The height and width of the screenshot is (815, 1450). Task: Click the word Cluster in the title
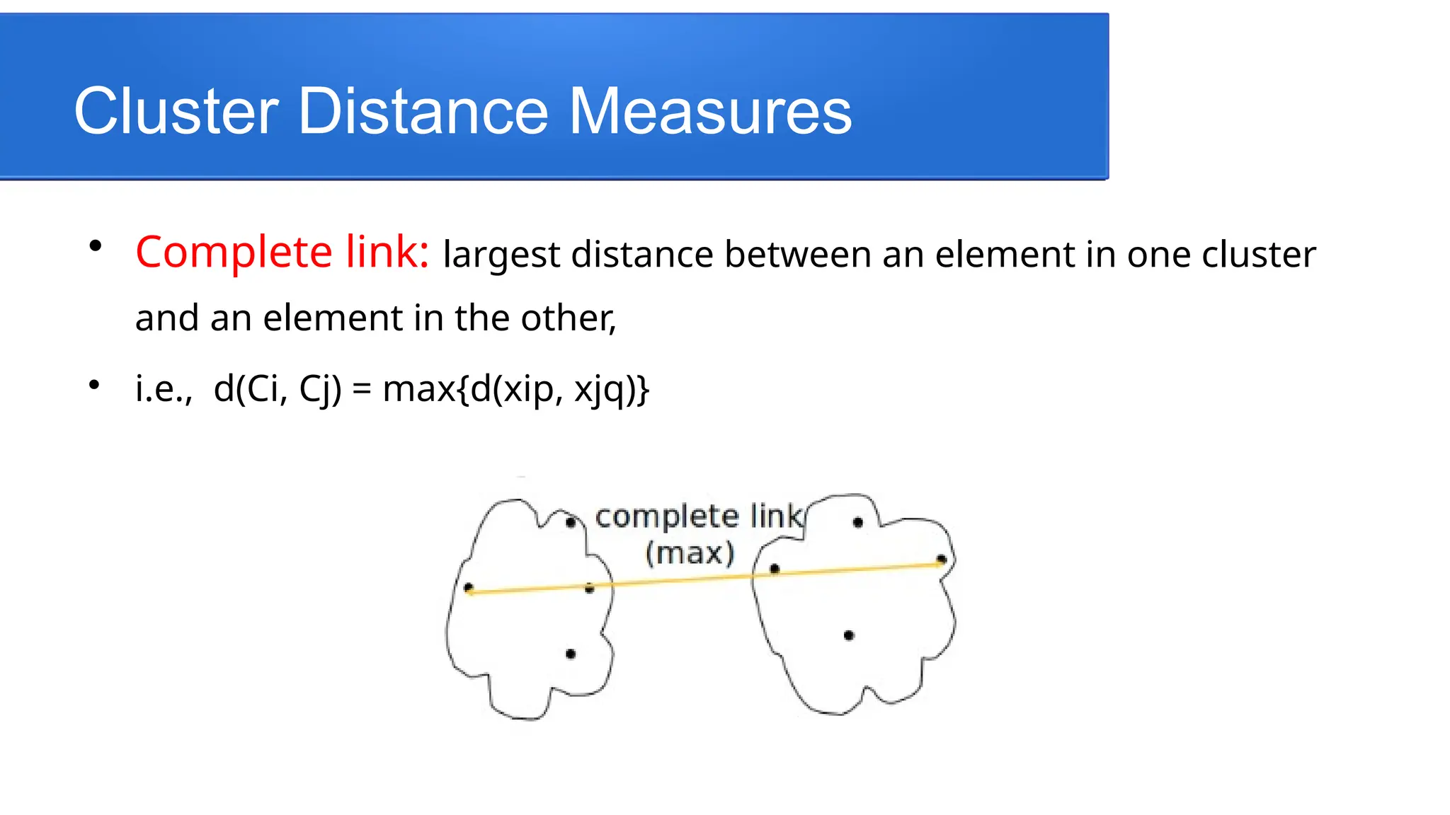(176, 111)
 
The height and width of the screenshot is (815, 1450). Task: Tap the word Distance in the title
(423, 111)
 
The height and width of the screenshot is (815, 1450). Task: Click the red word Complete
(234, 252)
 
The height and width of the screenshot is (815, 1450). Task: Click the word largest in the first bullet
(501, 255)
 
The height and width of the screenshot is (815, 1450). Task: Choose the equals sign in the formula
(361, 390)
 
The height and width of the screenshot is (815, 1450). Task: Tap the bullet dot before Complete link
(96, 246)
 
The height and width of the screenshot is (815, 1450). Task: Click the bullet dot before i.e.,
(94, 385)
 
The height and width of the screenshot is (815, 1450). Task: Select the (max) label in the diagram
(690, 553)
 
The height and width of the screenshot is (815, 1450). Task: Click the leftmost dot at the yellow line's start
(469, 587)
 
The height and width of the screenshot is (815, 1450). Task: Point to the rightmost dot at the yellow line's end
(941, 560)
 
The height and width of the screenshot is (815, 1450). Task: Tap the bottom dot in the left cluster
(571, 654)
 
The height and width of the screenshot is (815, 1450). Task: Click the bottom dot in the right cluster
(849, 635)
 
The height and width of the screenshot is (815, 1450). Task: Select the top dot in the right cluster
(857, 523)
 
